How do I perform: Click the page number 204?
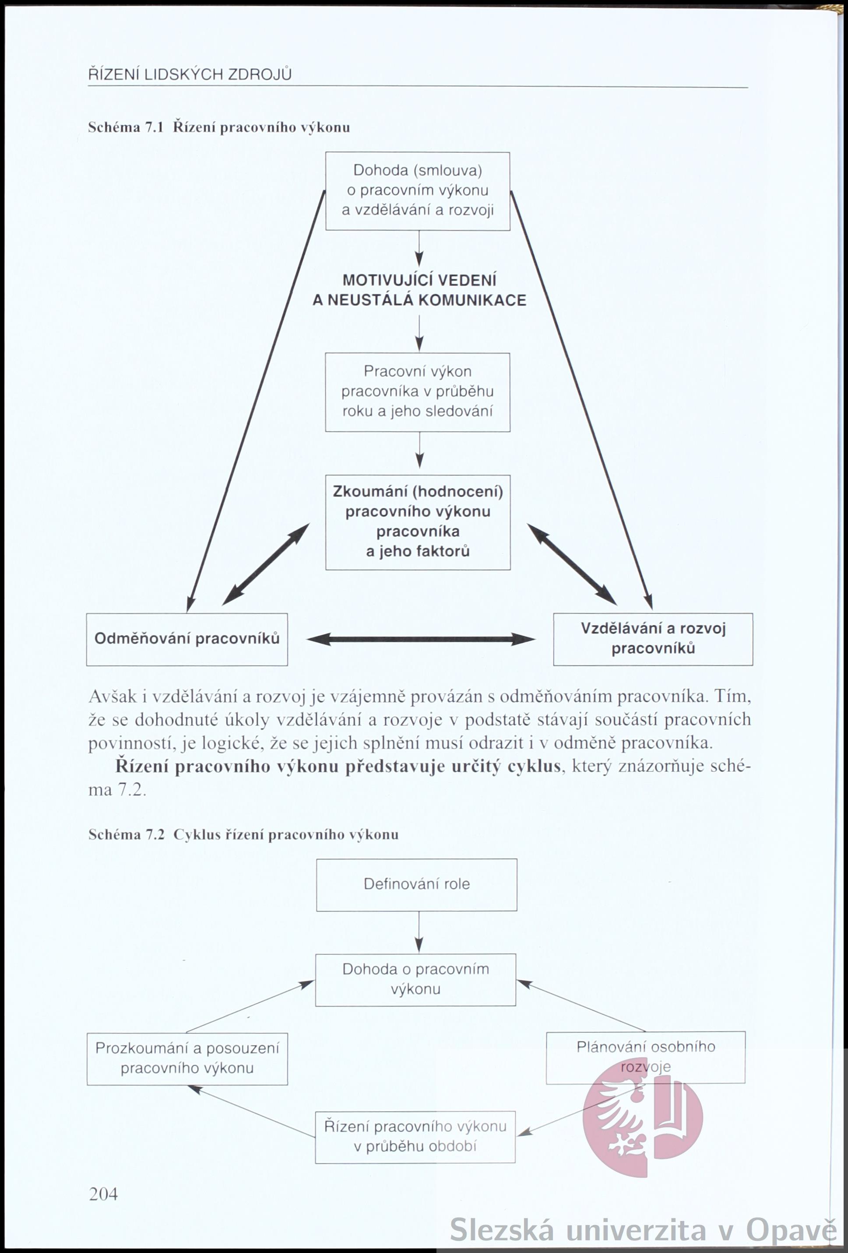coord(103,1194)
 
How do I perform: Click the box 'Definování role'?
coord(417,884)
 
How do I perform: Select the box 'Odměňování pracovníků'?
coord(187,639)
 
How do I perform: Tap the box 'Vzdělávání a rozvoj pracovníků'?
coord(653,639)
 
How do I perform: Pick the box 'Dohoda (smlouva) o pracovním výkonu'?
coord(418,191)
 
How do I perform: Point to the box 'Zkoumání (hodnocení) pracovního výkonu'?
coord(418,522)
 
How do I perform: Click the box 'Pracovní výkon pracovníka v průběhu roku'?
coord(418,392)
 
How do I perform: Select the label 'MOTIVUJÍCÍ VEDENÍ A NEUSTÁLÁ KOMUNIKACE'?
coord(419,290)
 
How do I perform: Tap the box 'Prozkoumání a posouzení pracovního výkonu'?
coord(187,1058)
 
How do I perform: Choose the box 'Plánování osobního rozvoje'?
coord(646,1057)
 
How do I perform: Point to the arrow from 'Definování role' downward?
coord(419,932)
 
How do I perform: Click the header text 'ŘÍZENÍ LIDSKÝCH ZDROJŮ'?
coord(190,74)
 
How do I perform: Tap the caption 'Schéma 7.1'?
coord(125,128)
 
